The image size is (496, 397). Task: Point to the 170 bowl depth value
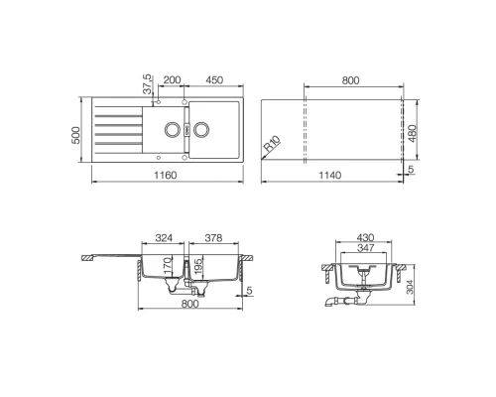coord(169,268)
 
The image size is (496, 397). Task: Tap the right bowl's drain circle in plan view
coord(201,129)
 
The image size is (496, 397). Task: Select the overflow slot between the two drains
coord(186,129)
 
